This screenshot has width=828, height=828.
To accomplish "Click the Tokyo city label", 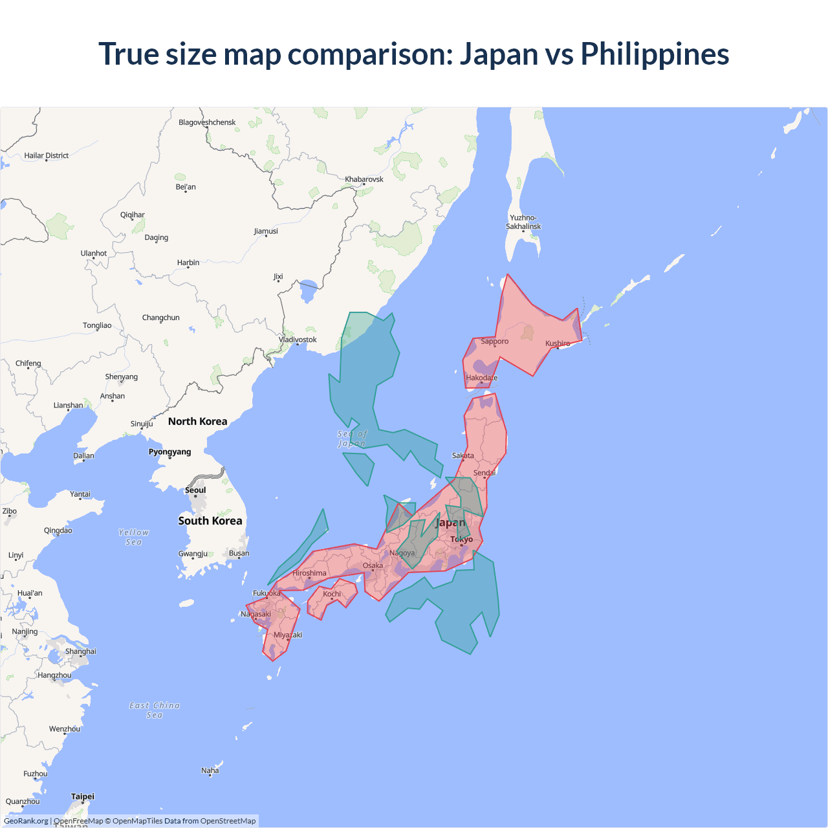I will click(x=461, y=539).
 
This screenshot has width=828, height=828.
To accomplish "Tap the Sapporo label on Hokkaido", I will click(x=494, y=341).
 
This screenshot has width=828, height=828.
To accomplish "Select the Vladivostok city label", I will click(x=298, y=340).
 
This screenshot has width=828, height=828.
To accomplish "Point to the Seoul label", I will click(x=195, y=490).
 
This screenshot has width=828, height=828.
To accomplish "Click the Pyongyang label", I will click(x=169, y=452).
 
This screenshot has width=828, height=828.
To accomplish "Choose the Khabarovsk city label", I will click(x=364, y=179).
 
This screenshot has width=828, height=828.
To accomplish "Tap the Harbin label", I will click(x=188, y=263).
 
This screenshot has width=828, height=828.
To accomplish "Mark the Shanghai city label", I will click(x=80, y=651).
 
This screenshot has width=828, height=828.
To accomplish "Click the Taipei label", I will click(x=83, y=796).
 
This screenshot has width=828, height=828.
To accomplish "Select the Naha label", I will click(x=210, y=770).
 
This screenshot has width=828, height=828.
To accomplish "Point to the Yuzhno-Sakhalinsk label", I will click(x=523, y=222).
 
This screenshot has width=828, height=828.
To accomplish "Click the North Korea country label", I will click(x=197, y=421).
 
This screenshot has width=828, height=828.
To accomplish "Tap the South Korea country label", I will click(x=210, y=521).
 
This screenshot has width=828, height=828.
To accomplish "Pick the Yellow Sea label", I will click(x=134, y=537).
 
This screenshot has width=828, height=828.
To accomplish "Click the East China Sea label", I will click(x=155, y=710).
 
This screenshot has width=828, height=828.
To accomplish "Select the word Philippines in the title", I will click(x=655, y=54).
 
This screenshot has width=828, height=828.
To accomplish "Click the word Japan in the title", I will click(x=499, y=54).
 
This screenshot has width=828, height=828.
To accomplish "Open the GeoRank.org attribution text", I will click(x=26, y=821).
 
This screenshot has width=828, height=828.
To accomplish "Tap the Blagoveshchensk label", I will click(x=207, y=122).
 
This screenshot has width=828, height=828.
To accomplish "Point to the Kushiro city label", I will click(x=558, y=343).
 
